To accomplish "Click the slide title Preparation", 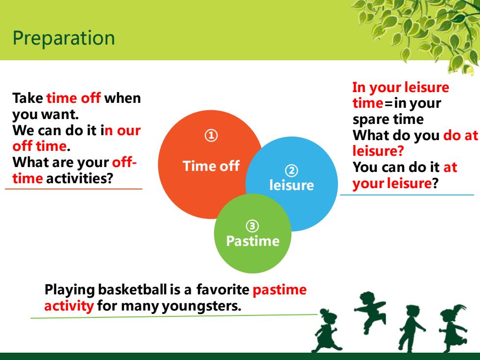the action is (64, 39).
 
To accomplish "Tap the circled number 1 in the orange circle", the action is (211, 135).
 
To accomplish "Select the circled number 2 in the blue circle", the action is (291, 170).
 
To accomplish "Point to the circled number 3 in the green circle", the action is (252, 226).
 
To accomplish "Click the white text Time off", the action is (211, 166).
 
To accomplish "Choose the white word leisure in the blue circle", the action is (291, 185).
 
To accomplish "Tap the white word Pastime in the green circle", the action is (253, 241).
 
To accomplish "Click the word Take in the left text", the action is (27, 98).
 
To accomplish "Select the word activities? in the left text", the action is (79, 178).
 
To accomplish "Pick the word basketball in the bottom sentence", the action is (133, 289).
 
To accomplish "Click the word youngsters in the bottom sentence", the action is (201, 306).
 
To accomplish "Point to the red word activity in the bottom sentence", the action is (69, 306).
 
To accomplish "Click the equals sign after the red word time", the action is (389, 103).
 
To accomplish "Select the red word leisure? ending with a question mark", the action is (378, 151).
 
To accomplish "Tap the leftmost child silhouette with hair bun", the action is (326, 331).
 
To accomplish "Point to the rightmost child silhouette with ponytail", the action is (453, 328).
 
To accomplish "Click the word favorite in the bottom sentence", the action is (223, 289).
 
